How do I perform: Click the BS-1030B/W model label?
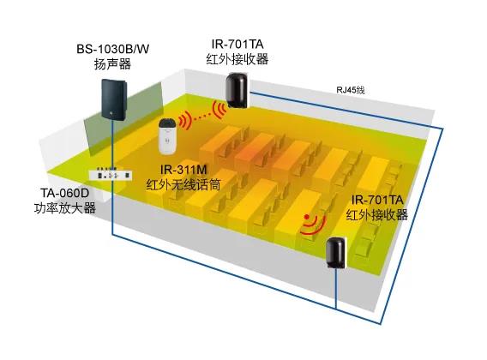[x=112, y=49]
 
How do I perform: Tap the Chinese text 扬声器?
[x=112, y=64]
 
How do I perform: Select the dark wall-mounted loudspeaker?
[x=114, y=99]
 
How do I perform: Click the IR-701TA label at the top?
[x=237, y=44]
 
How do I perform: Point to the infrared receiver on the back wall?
[x=237, y=90]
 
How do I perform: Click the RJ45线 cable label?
[x=351, y=90]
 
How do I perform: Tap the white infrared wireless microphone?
[x=168, y=136]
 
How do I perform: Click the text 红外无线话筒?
[x=183, y=185]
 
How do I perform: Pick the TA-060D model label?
[x=64, y=193]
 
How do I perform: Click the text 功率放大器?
[x=64, y=208]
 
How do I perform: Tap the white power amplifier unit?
[x=111, y=175]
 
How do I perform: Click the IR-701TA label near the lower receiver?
[x=377, y=200]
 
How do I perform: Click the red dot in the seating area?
[x=307, y=217]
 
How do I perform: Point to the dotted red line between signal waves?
[x=201, y=117]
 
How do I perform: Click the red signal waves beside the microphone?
[x=184, y=120]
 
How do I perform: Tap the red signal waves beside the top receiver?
[x=219, y=109]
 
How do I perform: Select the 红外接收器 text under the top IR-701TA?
[x=237, y=59]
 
